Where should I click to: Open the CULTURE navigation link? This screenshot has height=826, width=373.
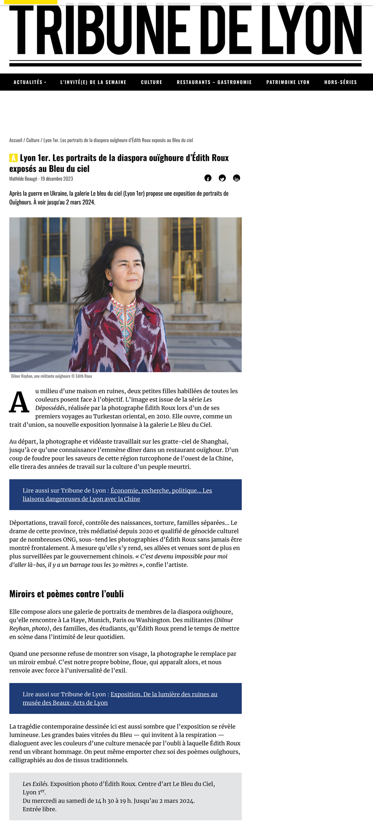click(152, 82)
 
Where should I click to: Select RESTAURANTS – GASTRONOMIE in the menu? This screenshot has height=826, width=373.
click(214, 82)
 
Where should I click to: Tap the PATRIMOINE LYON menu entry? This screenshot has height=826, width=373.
click(288, 82)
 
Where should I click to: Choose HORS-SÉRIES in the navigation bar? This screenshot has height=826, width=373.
click(341, 82)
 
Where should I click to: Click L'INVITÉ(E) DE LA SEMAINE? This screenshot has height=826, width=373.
click(93, 82)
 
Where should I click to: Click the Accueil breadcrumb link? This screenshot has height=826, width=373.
click(16, 140)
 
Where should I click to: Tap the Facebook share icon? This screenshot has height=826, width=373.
click(208, 178)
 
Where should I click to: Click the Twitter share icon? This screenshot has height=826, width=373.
click(222, 178)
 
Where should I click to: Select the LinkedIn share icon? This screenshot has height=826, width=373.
click(237, 178)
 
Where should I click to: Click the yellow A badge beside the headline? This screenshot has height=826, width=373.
click(13, 158)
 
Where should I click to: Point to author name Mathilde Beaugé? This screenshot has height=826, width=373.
click(23, 179)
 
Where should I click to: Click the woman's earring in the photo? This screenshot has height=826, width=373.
click(111, 284)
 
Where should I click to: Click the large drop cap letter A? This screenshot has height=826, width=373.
click(19, 403)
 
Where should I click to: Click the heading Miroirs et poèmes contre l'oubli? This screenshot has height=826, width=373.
click(67, 594)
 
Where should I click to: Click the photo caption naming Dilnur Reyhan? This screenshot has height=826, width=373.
click(51, 376)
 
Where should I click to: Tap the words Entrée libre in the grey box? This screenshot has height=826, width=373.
click(40, 809)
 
